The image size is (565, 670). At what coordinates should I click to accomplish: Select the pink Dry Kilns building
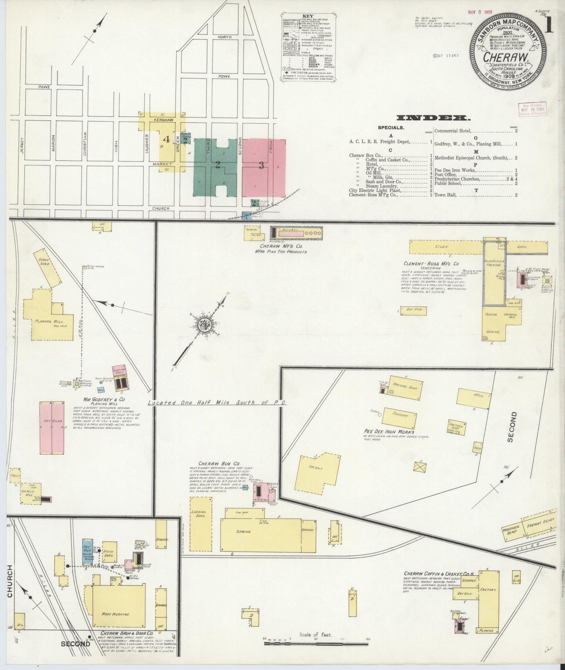[x=52, y=428]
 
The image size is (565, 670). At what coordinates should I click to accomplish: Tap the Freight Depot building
[x=540, y=524]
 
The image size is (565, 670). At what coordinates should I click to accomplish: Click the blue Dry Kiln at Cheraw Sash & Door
[x=87, y=552]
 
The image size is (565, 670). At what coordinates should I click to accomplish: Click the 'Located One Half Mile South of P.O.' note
[x=217, y=403]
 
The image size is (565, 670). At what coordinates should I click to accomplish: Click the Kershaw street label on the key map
[x=161, y=120]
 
